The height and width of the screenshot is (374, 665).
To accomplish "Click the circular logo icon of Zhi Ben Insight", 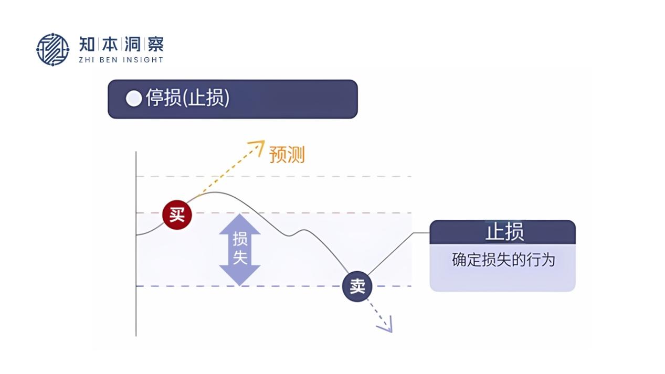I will (x=52, y=49).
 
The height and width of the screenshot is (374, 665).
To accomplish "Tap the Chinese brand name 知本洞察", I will (x=121, y=44).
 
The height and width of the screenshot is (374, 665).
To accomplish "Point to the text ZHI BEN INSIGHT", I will (x=121, y=60).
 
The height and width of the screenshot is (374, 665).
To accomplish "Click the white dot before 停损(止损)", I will (x=134, y=98).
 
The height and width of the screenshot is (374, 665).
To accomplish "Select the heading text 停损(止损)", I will (x=187, y=98).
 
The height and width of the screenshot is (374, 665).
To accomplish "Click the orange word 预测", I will (x=287, y=155).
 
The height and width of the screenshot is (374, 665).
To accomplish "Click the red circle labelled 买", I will (x=177, y=215).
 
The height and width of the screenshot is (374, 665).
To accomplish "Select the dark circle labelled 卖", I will (x=357, y=286).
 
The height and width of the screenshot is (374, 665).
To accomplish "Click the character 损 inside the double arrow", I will (x=240, y=239).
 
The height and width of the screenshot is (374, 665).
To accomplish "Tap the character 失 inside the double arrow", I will (x=240, y=259).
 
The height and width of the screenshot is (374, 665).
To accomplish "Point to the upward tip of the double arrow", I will (x=240, y=216).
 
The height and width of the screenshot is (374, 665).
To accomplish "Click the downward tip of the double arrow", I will (x=240, y=283).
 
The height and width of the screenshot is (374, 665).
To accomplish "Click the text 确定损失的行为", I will (x=503, y=260).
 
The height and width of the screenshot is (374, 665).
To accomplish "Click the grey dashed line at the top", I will (x=315, y=177).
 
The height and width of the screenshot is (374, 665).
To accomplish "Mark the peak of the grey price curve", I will (x=215, y=193).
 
